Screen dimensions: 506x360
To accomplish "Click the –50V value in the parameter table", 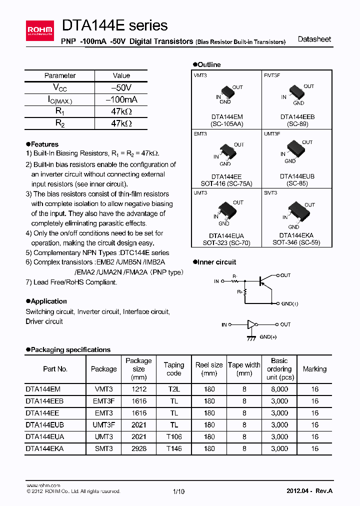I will (121, 87).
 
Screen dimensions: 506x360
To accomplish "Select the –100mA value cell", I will (121, 99).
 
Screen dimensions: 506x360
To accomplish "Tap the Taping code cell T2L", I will (174, 388).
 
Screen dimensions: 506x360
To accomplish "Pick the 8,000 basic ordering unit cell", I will (279, 388).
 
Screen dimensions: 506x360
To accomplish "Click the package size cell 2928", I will (138, 448).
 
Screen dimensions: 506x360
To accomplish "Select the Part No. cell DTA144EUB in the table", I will (45, 424).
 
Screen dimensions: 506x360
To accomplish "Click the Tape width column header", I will (244, 369).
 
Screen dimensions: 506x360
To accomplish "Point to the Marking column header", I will (314, 369).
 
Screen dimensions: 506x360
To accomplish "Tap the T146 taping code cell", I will (174, 448).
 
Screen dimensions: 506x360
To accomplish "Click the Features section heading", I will (44, 144).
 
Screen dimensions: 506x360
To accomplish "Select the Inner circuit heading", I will (217, 262).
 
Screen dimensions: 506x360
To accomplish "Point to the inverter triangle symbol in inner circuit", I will (251, 324).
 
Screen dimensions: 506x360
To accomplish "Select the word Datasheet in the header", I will (314, 39).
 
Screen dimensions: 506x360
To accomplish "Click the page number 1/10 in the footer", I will (178, 491).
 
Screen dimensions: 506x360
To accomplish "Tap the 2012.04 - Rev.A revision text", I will (309, 491).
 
